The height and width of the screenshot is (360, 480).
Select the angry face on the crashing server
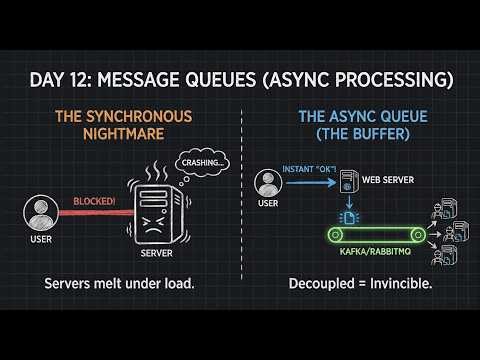[152, 213]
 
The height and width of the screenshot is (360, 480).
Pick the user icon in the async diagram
[267, 183]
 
